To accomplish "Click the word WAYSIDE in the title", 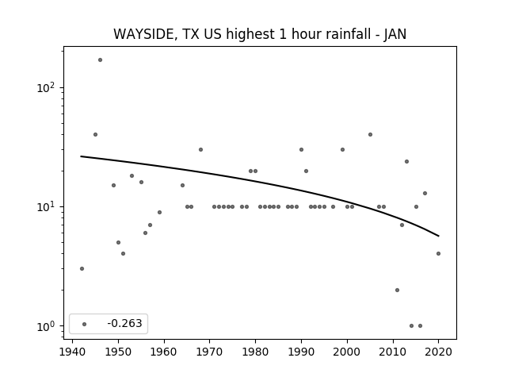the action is [144, 34].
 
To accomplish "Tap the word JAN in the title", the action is [395, 34].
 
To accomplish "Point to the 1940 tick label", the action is [72, 352].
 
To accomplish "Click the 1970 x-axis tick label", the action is [209, 352].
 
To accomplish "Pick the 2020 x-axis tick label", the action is [438, 352].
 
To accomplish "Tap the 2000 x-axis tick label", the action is [347, 352].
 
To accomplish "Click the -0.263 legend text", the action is [124, 323].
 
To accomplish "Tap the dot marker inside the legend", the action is [85, 324].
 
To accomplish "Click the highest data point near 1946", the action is [101, 60].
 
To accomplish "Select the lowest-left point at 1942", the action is [82, 268].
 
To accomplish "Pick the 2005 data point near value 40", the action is [370, 134].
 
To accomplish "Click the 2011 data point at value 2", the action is [398, 290].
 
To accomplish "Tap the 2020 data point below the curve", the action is [438, 254].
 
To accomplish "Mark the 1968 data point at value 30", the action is [200, 150].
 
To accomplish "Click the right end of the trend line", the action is [439, 236].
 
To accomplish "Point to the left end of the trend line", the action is [81, 156].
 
